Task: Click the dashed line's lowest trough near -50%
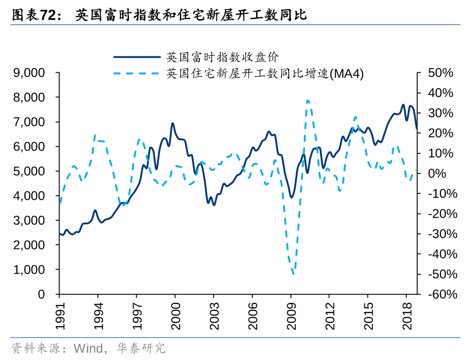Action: click(x=293, y=274)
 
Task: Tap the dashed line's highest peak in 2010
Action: click(x=307, y=100)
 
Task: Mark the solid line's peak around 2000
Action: click(x=173, y=123)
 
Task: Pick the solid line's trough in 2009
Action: click(x=292, y=197)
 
